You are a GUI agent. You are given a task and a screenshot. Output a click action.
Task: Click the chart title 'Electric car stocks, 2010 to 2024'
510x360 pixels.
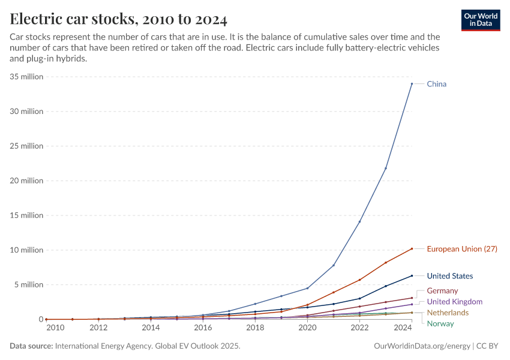point(118,19)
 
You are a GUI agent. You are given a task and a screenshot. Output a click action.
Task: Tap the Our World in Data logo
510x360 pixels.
point(480,20)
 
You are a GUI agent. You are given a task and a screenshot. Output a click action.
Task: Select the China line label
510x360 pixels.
point(436,84)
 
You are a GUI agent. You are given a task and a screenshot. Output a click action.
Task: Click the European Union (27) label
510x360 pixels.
point(461,248)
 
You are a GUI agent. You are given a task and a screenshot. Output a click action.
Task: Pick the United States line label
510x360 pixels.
point(449,276)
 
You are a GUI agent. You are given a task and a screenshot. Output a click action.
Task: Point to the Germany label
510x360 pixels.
point(442,290)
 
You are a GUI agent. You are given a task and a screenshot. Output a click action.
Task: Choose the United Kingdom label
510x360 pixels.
point(454,301)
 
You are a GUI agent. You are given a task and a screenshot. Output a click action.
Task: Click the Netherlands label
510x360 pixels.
point(448,313)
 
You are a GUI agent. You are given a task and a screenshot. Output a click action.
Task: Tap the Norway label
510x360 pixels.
point(440,323)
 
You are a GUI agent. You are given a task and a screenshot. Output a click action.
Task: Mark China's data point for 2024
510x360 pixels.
point(412,83)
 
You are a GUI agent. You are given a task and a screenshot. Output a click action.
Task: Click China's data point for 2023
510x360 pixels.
point(386,168)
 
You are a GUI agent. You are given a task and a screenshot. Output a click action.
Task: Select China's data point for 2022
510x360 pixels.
point(359,221)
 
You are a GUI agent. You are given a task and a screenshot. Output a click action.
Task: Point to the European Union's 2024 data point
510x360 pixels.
point(412,248)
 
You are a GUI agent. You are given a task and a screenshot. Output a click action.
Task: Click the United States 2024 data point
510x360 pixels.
point(412,275)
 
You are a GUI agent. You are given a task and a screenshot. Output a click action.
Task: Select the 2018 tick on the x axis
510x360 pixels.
point(255,328)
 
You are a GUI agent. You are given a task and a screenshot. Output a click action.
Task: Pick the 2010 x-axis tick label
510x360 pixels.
point(55,328)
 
